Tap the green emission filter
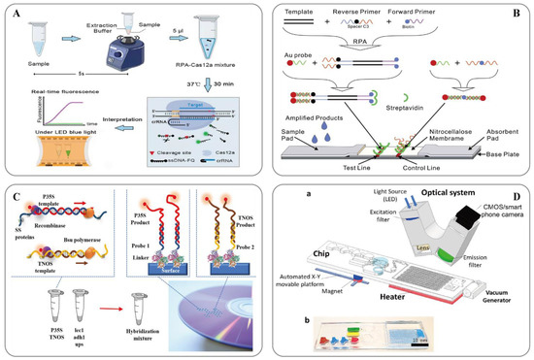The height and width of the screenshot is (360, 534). click(x=445, y=255)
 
